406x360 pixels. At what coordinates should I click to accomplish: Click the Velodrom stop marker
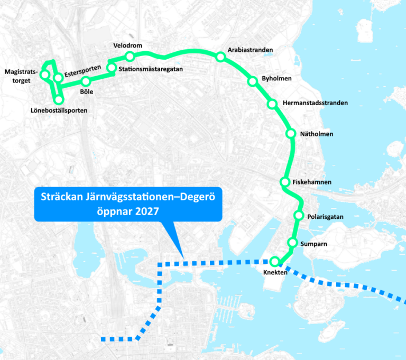(x=130, y=56)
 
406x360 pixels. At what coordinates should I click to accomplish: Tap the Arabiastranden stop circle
(x=220, y=57)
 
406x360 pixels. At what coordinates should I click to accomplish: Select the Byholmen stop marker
(x=252, y=81)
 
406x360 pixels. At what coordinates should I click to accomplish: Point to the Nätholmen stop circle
(x=290, y=134)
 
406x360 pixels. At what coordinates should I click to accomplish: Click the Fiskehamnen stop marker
(x=284, y=182)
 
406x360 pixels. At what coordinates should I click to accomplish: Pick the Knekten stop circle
(x=274, y=261)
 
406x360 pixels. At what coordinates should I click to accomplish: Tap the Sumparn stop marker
(x=292, y=243)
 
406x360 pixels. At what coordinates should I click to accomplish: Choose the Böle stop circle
(x=86, y=81)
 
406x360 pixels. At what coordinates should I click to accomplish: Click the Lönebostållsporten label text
(x=59, y=110)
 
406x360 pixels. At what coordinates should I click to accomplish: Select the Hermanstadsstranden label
(x=315, y=103)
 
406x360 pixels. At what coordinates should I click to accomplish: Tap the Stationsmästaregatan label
(x=151, y=69)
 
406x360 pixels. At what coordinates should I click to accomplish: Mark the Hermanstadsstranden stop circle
(x=272, y=104)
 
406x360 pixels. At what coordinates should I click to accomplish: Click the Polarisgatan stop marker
(x=298, y=216)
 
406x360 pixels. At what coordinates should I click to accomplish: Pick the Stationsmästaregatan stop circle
(x=112, y=68)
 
